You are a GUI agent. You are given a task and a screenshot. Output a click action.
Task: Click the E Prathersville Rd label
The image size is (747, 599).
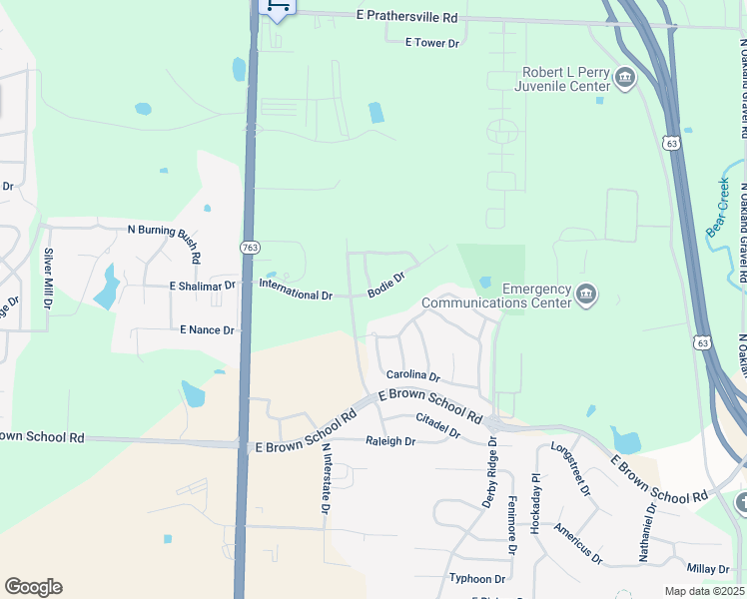pos(406,18)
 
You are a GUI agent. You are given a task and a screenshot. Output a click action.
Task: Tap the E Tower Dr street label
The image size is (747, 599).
pos(431,43)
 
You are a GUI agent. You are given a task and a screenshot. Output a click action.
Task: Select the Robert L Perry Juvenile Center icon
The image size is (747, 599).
pos(625,79)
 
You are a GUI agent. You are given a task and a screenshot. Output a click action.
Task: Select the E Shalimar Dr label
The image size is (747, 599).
pos(203,286)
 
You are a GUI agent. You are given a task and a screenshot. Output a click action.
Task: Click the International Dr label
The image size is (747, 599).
pos(295,296)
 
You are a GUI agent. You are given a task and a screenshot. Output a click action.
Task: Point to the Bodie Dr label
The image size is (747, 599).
pos(385,285)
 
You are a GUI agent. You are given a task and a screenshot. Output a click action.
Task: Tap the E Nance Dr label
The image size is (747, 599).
pos(207,329)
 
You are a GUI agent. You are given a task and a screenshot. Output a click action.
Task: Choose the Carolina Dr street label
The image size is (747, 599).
pos(413,376)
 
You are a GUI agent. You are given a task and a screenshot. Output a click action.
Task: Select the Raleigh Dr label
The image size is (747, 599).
pos(389,440)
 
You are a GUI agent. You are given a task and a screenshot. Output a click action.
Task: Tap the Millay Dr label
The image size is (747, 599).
pos(708,568)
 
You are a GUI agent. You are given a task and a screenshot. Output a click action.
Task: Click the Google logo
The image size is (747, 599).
pos(33,587)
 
